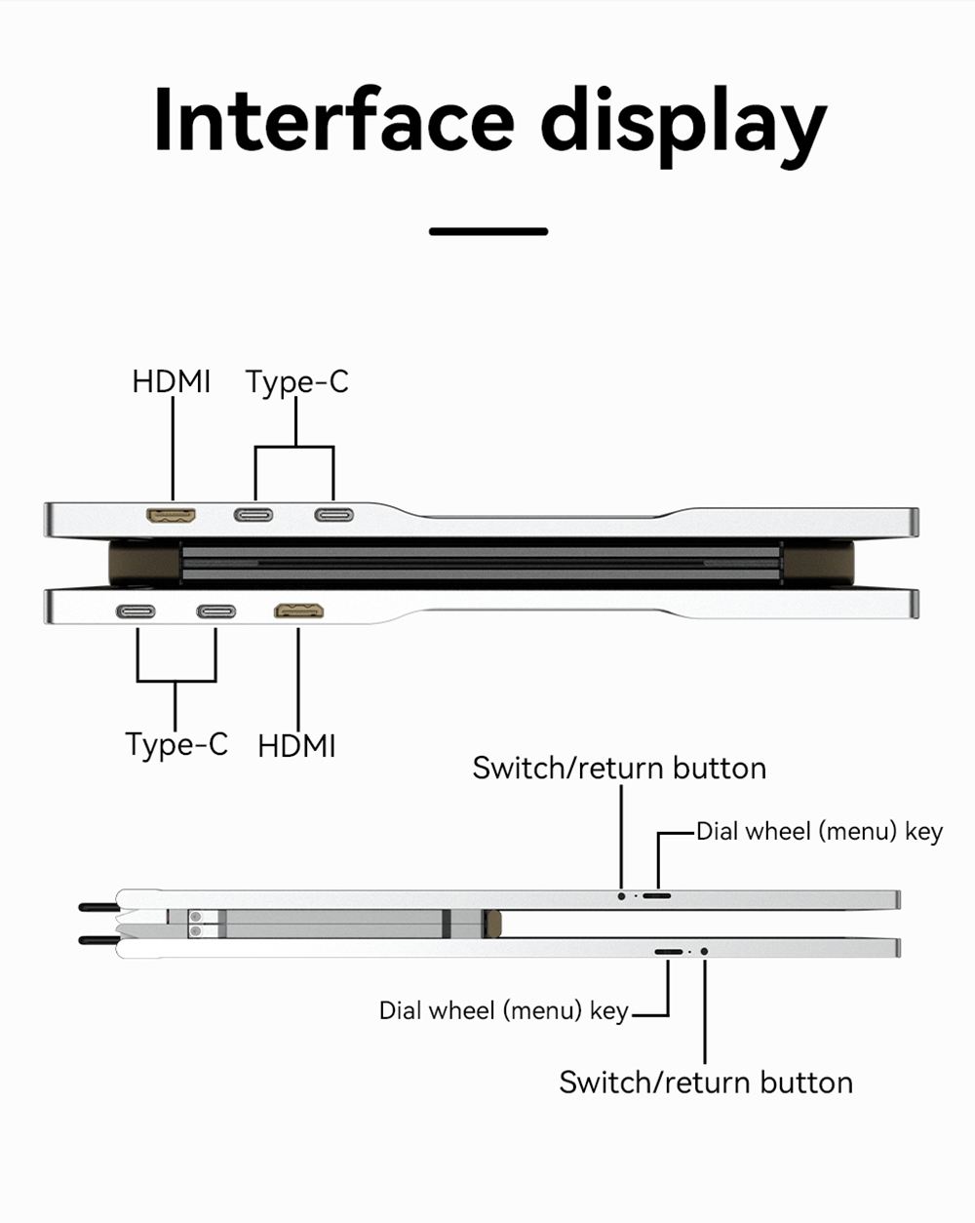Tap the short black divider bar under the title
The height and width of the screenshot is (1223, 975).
[488, 231]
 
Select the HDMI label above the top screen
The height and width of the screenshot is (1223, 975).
[172, 381]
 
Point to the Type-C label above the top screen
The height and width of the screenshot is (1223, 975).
[296, 382]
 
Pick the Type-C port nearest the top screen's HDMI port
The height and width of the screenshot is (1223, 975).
[253, 515]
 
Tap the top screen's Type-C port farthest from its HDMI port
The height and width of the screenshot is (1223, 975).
[333, 515]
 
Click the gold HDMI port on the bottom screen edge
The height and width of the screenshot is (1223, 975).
[300, 611]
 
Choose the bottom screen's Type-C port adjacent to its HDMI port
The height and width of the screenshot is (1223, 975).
[215, 612]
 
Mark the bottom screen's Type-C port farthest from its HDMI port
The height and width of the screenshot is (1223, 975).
[136, 612]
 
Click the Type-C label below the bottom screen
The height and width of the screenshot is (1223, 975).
[176, 744]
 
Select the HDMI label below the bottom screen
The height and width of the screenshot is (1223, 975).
[296, 746]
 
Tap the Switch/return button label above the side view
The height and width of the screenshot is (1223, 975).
[619, 769]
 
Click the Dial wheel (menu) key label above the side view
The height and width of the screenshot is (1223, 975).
[819, 832]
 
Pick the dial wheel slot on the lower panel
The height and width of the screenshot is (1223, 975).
[669, 951]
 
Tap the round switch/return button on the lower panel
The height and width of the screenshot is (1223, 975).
[704, 951]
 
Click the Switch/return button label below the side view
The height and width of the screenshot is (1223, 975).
[706, 1083]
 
